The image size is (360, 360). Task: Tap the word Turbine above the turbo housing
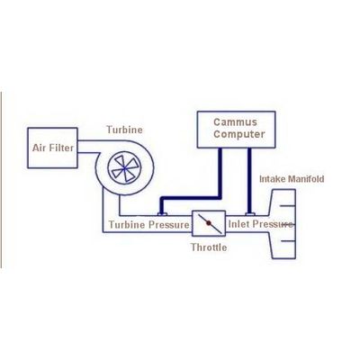point(124,130)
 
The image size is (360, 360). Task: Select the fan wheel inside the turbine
point(124,168)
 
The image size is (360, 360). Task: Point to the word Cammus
point(235,122)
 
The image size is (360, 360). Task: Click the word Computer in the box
point(239,134)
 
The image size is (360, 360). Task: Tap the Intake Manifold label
point(292,179)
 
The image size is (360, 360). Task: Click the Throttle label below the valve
point(209,247)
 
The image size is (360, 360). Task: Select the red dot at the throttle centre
point(209,223)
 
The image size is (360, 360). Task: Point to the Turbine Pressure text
point(148,225)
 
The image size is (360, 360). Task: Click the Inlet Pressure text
point(260,224)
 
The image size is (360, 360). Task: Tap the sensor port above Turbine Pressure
point(162,214)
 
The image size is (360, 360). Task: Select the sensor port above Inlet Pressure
point(250,214)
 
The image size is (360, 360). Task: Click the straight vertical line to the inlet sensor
point(249,180)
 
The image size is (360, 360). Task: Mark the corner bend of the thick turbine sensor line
point(220,197)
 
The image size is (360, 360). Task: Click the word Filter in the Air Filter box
point(61,148)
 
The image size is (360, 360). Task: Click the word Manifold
point(306,179)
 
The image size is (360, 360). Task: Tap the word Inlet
point(238,224)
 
